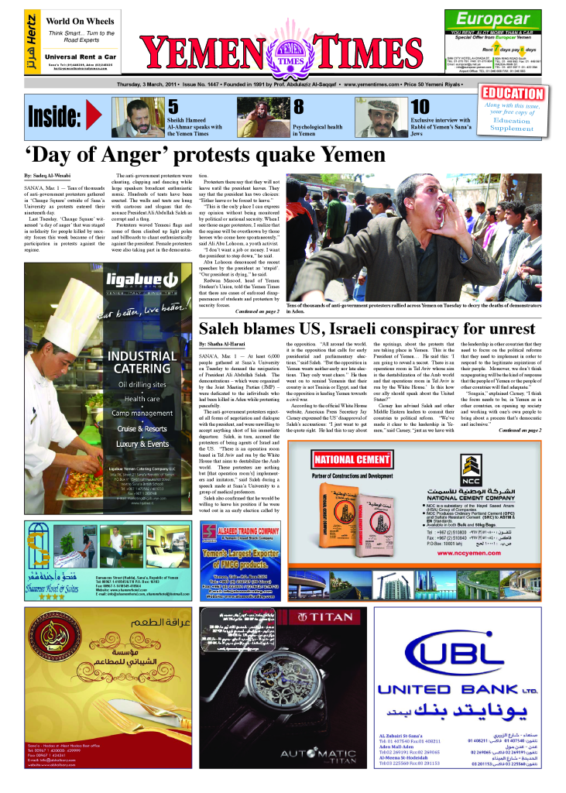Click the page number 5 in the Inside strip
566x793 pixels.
tap(173, 107)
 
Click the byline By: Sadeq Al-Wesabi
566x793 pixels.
tap(49, 177)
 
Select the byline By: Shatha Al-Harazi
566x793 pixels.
tap(225, 342)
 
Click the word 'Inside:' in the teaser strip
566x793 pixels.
tap(54, 117)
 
